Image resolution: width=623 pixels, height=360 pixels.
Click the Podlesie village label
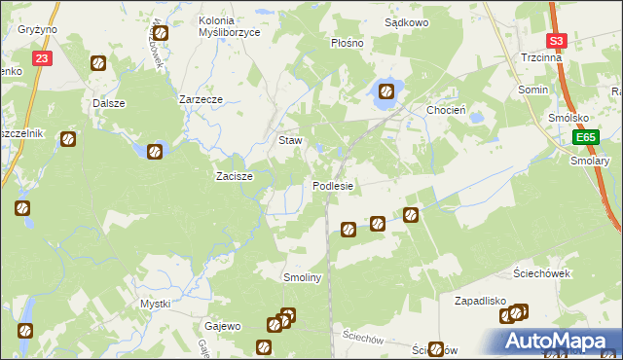coord(333,186)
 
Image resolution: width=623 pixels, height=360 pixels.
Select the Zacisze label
coord(234,176)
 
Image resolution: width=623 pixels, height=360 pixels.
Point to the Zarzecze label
coord(202,99)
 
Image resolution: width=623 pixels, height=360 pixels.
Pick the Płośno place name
coord(347,43)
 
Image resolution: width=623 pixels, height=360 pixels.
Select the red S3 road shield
coord(557,41)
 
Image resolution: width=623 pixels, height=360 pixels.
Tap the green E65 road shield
coord(584,138)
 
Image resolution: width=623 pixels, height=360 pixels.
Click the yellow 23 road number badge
coord(41,59)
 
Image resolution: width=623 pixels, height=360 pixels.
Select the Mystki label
coord(156,304)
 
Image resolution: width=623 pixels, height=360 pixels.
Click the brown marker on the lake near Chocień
coord(386,92)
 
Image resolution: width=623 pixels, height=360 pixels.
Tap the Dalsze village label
coord(110,102)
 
